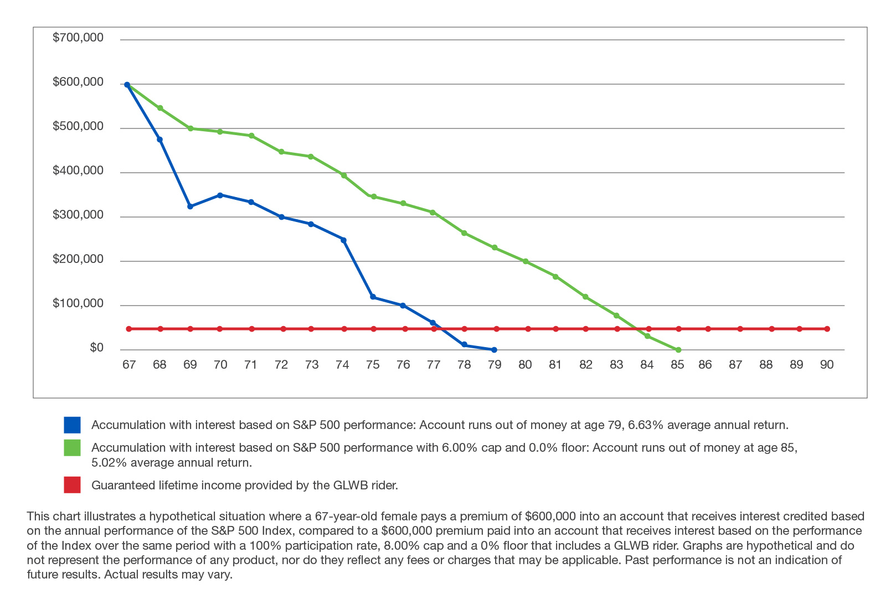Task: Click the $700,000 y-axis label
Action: (x=78, y=38)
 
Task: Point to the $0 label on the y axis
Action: (x=96, y=348)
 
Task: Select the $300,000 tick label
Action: (x=78, y=215)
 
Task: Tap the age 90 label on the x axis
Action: (x=826, y=364)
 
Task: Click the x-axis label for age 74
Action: (x=342, y=364)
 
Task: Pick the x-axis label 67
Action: (x=129, y=364)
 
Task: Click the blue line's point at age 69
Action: (x=190, y=207)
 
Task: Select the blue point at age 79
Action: (x=494, y=350)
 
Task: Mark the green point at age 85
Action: (x=678, y=350)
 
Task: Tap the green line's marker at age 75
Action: (x=373, y=197)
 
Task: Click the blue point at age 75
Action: (x=373, y=297)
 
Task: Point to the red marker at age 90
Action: (x=827, y=329)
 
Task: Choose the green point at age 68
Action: (x=160, y=108)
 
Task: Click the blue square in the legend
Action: (x=72, y=425)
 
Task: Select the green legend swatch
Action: (x=72, y=448)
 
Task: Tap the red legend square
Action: (x=72, y=485)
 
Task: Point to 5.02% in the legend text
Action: (x=109, y=463)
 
